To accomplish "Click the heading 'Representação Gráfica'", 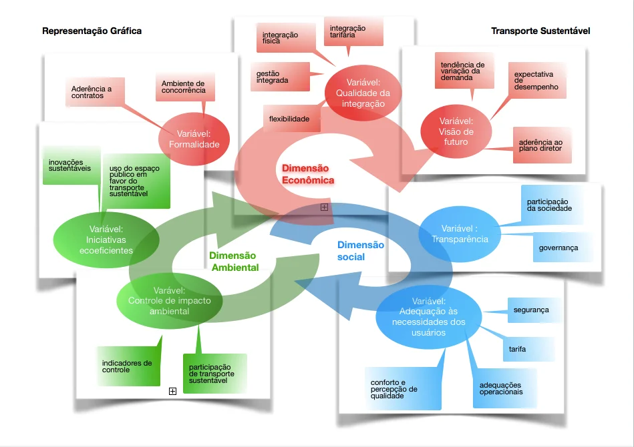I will click(92, 31).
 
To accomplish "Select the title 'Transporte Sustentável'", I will click(540, 31).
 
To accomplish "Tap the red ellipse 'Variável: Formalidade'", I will click(194, 139).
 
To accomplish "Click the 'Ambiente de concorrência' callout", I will click(182, 87).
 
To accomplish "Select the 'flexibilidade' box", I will click(291, 119).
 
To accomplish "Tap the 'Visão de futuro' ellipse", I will click(456, 131).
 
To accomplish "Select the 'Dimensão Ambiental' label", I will click(234, 261).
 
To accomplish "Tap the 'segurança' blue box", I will click(532, 310).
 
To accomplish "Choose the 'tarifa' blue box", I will click(527, 348).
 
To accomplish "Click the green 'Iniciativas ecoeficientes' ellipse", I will click(106, 240).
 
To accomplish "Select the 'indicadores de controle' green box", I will click(128, 366).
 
